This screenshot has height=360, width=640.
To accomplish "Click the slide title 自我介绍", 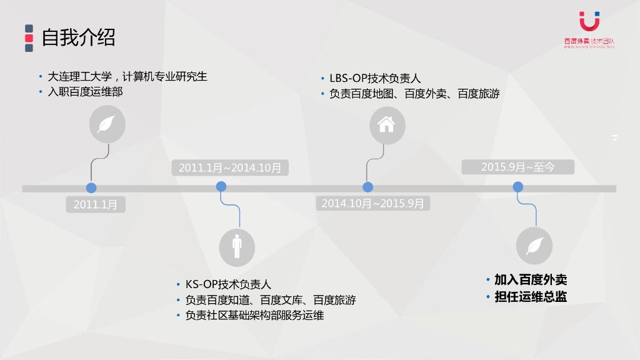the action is pos(78,38).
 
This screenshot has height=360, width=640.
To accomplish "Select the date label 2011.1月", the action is pos(96,204).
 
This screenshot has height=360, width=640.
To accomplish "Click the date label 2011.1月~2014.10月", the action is pos(229,167).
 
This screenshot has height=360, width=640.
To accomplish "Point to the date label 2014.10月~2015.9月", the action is pos(372,203).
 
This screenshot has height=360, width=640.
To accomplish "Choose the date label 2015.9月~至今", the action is pos(517,167).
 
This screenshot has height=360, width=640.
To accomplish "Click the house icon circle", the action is pos(387,125).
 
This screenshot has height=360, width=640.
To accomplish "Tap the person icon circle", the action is pos(237,247).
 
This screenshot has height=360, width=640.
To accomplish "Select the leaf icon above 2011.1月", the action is pos(107,124).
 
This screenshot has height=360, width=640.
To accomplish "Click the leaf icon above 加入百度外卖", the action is pos(534,246).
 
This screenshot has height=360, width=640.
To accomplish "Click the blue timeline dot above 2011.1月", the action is pos(91,187).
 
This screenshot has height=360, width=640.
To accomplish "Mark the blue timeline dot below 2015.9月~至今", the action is pos(517,187).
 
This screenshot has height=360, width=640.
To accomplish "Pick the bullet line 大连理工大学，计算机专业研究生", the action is pos(127,77).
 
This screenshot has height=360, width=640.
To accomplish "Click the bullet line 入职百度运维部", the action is pos(86,92).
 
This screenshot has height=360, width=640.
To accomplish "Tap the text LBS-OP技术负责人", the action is pos(375,78).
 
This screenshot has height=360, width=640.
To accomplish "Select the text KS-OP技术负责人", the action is pos(228,284).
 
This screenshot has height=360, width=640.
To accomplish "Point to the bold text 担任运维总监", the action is pos(531,297).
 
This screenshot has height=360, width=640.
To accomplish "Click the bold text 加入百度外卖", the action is pos(531,279).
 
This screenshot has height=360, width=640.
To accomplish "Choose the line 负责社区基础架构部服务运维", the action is pos(254,316).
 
